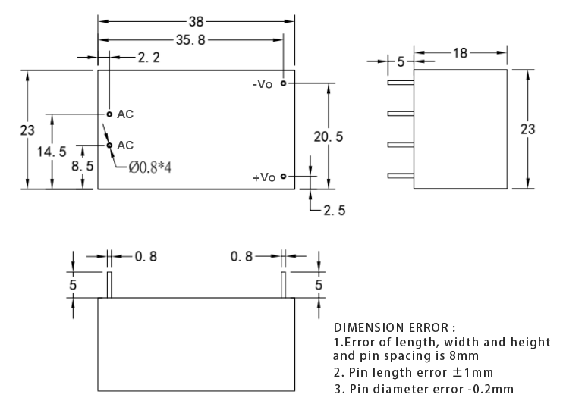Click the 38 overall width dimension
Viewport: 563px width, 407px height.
pyautogui.click(x=197, y=22)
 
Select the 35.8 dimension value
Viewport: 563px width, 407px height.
pyautogui.click(x=190, y=40)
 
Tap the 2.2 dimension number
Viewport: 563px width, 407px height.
pyautogui.click(x=149, y=58)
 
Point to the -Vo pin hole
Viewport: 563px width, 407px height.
pyautogui.click(x=283, y=83)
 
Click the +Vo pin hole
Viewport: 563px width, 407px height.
pyautogui.click(x=283, y=176)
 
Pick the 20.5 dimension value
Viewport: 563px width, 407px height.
pyautogui.click(x=329, y=136)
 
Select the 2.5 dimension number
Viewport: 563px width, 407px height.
pyautogui.click(x=335, y=211)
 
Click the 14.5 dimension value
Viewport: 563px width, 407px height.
pyautogui.click(x=52, y=152)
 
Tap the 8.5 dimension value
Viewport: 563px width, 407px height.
pyautogui.click(x=82, y=166)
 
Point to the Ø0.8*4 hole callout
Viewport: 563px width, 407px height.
pyautogui.click(x=150, y=167)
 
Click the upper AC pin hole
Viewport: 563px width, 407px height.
pyautogui.click(x=109, y=114)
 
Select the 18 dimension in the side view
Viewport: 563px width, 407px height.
pyautogui.click(x=460, y=53)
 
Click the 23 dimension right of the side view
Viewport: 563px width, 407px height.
pyautogui.click(x=527, y=129)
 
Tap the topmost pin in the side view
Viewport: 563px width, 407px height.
pyautogui.click(x=401, y=83)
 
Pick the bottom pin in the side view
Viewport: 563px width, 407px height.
pyautogui.click(x=401, y=176)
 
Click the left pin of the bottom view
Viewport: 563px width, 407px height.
pyautogui.click(x=109, y=285)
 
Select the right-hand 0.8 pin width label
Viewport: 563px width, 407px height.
pyautogui.click(x=241, y=256)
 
